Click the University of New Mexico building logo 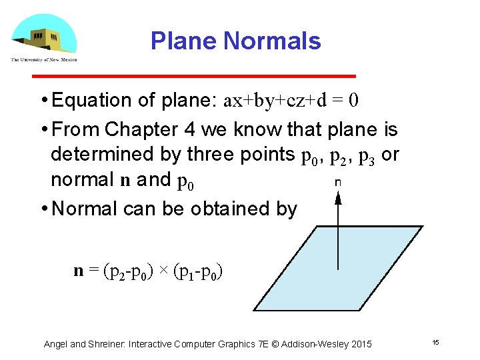[x=43, y=37]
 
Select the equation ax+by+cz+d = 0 [x=291, y=101]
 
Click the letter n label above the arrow [x=338, y=181]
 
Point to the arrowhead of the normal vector [x=338, y=197]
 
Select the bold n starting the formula [x=79, y=271]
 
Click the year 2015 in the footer [x=360, y=344]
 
